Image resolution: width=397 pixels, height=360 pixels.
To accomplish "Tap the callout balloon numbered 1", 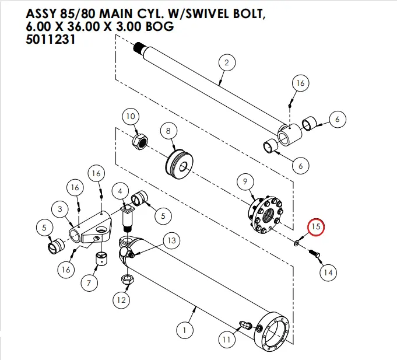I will pos(185,331).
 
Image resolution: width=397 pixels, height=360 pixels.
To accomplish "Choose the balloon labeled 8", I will pos(168,131).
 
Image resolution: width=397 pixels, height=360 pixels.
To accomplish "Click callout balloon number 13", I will pos(171,240).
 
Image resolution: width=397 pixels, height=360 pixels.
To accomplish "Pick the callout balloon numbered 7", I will pos(89,284).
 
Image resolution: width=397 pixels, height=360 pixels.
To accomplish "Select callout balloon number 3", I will pos(59,208).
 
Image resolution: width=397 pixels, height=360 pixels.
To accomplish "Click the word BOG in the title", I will pos(158,27).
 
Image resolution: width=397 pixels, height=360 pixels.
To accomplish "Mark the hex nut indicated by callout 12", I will pos(125,280).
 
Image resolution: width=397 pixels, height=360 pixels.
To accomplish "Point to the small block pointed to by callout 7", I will pos(102,258).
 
